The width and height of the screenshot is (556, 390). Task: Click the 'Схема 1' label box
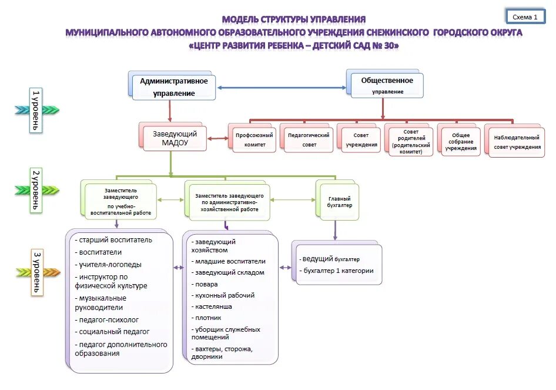coord(525,17)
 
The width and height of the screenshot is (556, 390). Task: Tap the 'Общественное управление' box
coord(386,85)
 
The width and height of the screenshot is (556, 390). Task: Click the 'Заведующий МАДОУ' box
coord(174,138)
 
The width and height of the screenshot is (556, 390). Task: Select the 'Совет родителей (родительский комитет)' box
coord(411,142)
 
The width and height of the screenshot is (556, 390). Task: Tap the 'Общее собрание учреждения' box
coord(461,142)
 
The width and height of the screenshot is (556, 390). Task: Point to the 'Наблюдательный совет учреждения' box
coord(517,142)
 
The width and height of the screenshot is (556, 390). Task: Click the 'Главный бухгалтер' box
coord(339,202)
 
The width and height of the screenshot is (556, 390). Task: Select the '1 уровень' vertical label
coord(36,110)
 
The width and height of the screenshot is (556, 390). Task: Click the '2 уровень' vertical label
coord(36,190)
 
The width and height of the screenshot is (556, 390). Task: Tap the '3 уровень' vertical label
coord(36,272)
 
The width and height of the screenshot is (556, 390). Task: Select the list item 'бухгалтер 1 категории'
coord(339,271)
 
